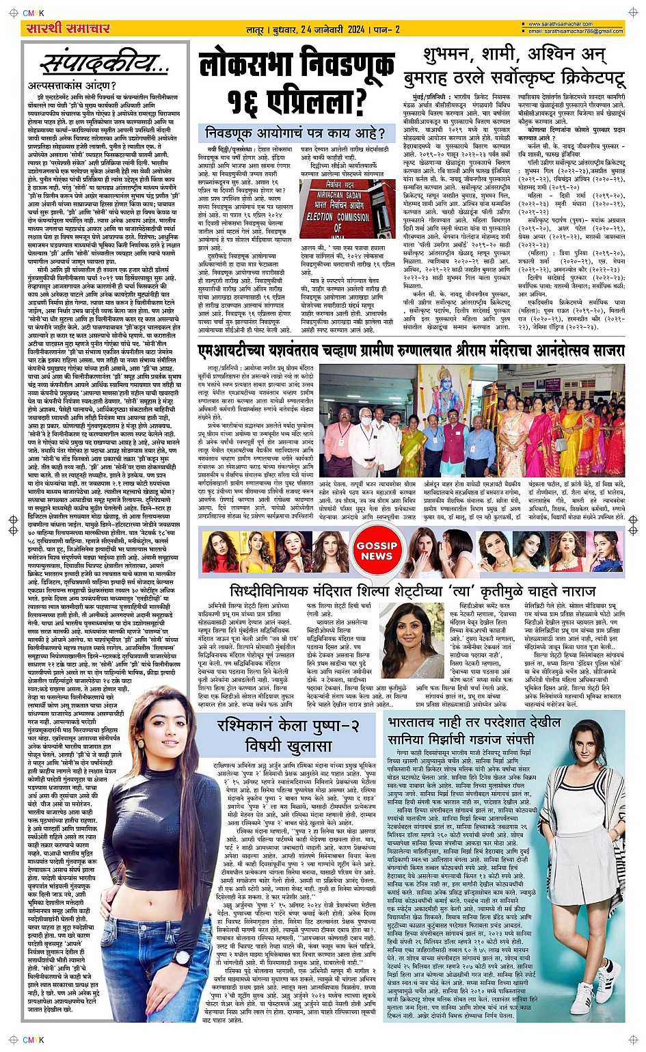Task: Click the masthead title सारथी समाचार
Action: tap(66, 28)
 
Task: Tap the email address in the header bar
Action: tap(575, 31)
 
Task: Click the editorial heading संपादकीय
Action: tap(103, 65)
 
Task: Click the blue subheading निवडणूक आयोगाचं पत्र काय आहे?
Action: tap(295, 133)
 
